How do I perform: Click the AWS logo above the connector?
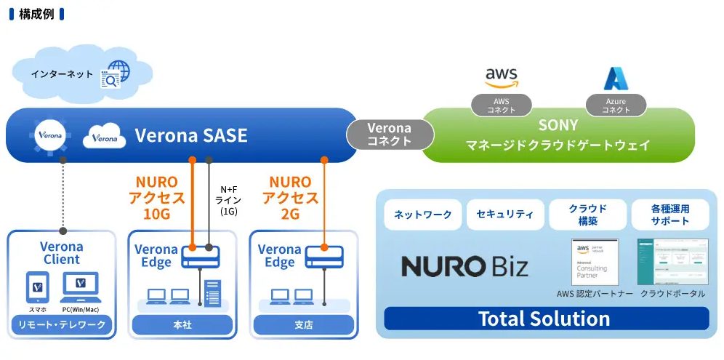(502, 77)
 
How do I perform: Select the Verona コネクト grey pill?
(389, 135)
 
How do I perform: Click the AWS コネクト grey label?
(502, 105)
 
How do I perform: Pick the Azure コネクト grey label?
(615, 105)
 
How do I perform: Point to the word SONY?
(558, 125)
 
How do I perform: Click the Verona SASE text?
(190, 135)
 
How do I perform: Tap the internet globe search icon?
(115, 74)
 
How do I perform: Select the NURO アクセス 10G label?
(156, 197)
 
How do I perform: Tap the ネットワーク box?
(422, 215)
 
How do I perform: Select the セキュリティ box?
(504, 215)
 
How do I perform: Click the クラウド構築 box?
(587, 215)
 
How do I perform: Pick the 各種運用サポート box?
(669, 215)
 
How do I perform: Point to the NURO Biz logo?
(465, 266)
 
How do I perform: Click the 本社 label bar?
(182, 325)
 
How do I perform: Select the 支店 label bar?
(304, 325)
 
